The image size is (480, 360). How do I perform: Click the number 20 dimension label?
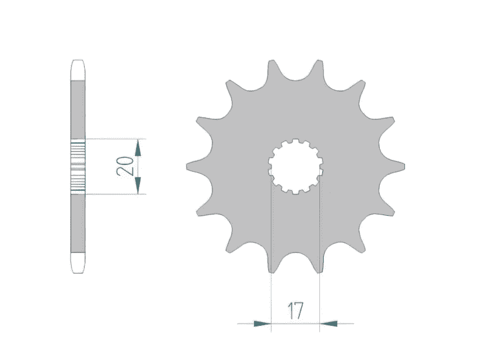tap(125, 166)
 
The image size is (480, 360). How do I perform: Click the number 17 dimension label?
tap(295, 310)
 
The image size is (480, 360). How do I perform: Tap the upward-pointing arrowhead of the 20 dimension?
tap(138, 148)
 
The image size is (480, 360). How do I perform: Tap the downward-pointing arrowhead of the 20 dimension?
tap(138, 185)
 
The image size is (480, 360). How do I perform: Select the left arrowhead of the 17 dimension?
tap(263, 323)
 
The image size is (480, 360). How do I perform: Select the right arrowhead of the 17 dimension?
tap(329, 323)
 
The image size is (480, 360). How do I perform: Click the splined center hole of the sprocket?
tap(296, 166)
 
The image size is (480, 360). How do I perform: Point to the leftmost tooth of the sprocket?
tap(196, 166)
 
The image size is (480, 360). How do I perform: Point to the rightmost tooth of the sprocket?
tap(395, 166)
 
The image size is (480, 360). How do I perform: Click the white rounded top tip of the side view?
tap(78, 70)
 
